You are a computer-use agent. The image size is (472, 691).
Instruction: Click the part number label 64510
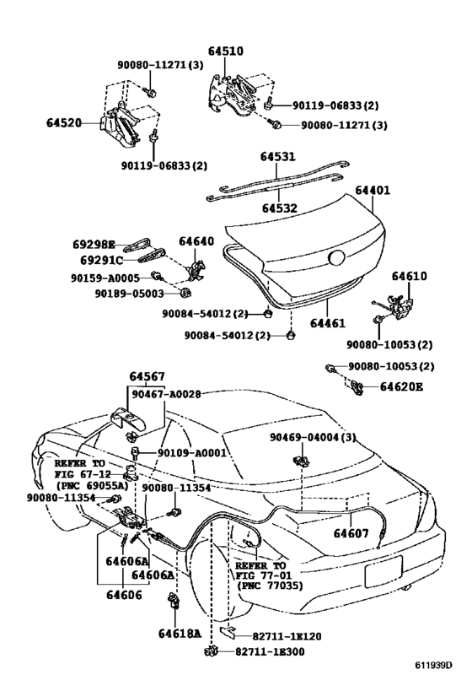click(228, 51)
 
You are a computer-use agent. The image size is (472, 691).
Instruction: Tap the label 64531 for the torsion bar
click(277, 157)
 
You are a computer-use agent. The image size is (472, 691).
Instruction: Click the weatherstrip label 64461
click(351, 322)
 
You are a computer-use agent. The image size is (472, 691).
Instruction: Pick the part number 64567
click(147, 375)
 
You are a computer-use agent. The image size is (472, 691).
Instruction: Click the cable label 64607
click(351, 532)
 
